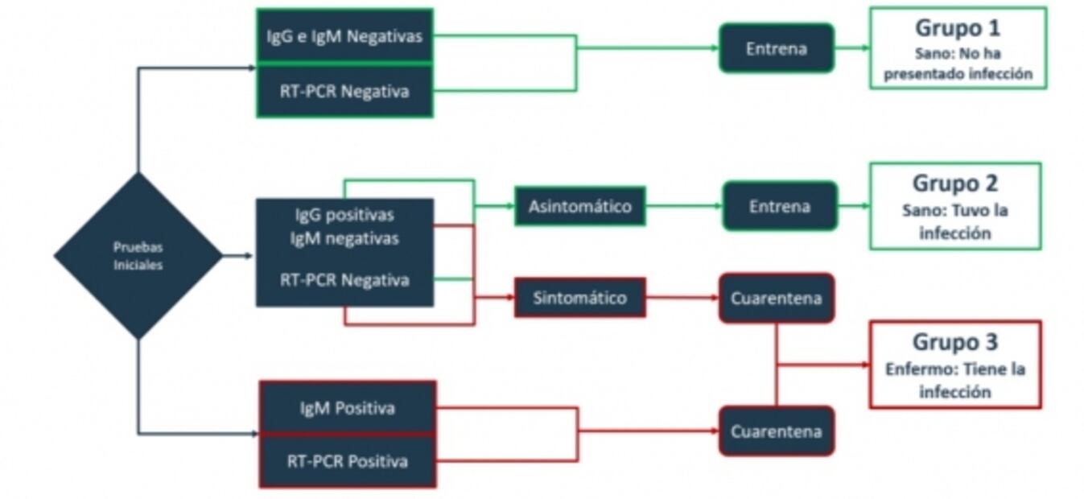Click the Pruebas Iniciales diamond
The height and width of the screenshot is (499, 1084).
(x=138, y=256)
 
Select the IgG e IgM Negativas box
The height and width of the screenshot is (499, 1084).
(x=344, y=36)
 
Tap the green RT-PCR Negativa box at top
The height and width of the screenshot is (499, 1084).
(x=344, y=91)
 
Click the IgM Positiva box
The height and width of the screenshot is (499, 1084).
(x=347, y=408)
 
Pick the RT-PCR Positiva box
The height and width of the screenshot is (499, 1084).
(x=347, y=461)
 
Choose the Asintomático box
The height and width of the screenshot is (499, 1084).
(x=579, y=206)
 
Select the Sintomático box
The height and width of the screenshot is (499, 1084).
(x=579, y=298)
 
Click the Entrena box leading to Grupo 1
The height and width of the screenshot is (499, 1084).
(x=776, y=48)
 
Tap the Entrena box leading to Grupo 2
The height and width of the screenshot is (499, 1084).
(x=779, y=206)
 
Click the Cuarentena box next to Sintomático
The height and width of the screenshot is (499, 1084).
(x=776, y=298)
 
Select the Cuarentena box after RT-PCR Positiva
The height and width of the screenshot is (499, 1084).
(x=776, y=431)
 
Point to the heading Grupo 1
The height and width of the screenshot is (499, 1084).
(x=957, y=27)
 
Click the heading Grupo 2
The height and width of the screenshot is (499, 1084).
(x=954, y=184)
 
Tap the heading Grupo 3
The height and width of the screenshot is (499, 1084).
(x=954, y=342)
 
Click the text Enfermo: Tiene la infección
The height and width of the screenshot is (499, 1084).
(x=954, y=381)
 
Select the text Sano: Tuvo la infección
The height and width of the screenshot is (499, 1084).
(x=954, y=222)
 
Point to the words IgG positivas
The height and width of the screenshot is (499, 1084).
(x=344, y=216)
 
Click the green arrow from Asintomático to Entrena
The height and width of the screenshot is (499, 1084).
(x=683, y=206)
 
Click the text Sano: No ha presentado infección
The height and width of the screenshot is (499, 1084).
(x=957, y=64)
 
